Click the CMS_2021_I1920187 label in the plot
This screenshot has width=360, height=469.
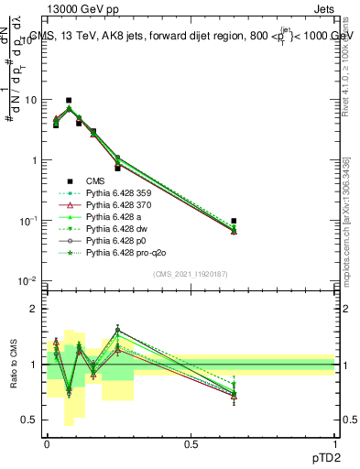point(191,274)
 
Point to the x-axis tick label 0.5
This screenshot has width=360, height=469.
point(191,442)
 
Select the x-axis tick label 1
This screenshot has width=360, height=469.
point(335,442)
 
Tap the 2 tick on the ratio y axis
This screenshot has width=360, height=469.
point(37,309)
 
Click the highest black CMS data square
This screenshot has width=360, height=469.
point(69,100)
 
